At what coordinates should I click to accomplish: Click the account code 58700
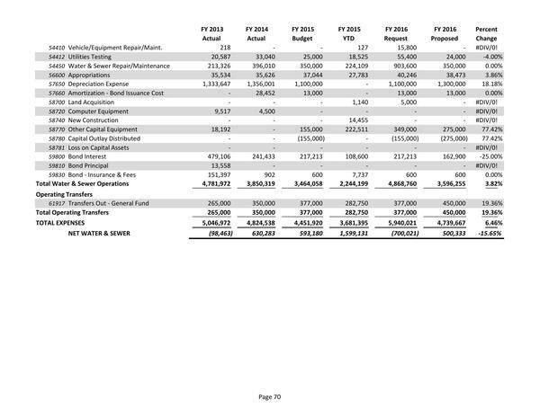56,106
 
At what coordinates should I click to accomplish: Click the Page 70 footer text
270,395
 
